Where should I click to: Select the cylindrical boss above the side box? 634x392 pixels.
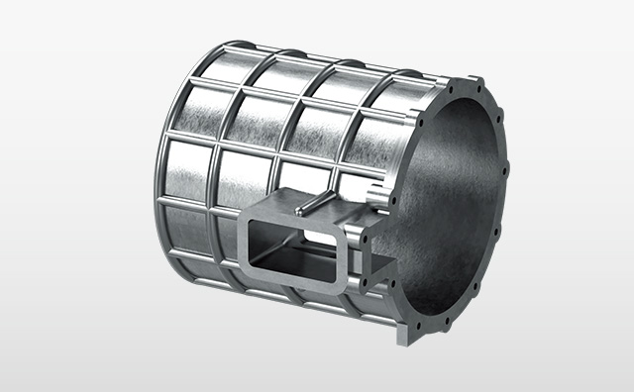[374, 191]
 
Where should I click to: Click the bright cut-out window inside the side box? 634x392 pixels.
[315, 239]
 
